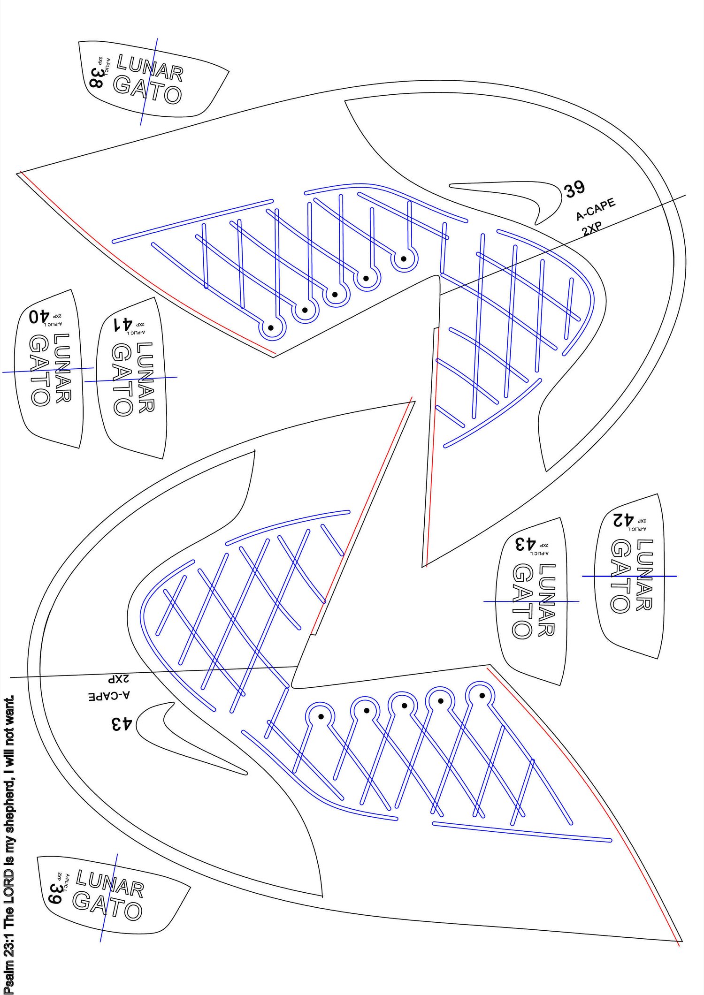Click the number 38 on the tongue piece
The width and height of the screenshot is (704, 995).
[x=96, y=78]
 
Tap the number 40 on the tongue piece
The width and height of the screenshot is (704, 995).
[x=39, y=316]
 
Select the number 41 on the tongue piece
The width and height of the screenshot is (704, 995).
[x=123, y=324]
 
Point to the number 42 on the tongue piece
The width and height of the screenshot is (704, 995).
[x=623, y=520]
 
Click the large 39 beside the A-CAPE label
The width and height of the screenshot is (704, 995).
[x=575, y=189]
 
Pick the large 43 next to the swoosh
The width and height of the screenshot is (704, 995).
[x=122, y=724]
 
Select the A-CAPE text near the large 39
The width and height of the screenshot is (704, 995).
[x=596, y=209]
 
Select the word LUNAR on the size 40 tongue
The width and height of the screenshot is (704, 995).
[x=62, y=368]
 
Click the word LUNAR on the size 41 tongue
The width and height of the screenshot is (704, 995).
[x=145, y=377]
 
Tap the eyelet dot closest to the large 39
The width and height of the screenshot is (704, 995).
[x=404, y=258]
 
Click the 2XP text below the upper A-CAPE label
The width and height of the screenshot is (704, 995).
[x=592, y=229]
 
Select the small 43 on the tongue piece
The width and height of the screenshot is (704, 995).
[x=525, y=544]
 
